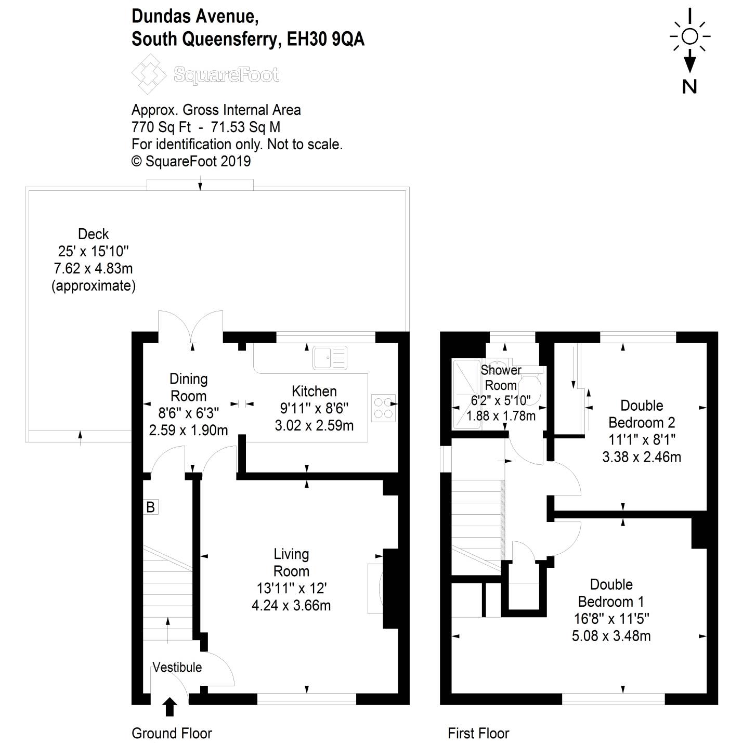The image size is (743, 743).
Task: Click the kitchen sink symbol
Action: (x=330, y=357)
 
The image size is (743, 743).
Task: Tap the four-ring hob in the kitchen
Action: (x=383, y=408)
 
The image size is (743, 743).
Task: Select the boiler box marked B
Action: (x=150, y=507)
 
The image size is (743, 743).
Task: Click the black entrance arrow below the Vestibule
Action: (x=170, y=707)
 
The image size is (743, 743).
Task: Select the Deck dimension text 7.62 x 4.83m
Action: (x=93, y=268)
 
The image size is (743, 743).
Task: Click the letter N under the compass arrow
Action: (x=689, y=87)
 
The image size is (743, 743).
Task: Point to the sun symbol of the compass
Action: (x=690, y=36)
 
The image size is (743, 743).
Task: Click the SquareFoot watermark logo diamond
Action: (x=149, y=74)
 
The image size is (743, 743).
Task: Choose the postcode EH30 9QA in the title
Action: (x=326, y=39)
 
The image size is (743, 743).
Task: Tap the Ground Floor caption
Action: (x=172, y=733)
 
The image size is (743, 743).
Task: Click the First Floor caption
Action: (x=478, y=733)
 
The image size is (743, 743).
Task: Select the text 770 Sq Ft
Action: (x=161, y=127)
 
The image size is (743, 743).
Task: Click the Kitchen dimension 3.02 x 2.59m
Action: (x=314, y=426)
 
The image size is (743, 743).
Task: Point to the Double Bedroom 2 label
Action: (x=642, y=414)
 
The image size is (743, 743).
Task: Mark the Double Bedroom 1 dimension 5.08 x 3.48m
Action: (x=611, y=636)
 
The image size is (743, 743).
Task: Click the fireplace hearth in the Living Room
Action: (x=375, y=589)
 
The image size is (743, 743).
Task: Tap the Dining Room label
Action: (x=189, y=387)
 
